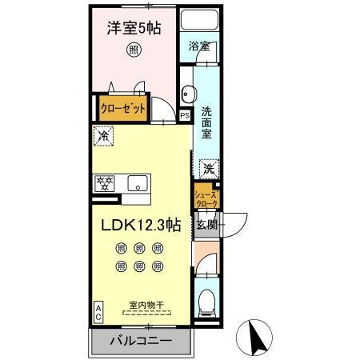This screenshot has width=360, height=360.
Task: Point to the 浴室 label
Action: click(x=199, y=46)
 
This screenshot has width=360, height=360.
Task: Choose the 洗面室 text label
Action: click(x=206, y=122)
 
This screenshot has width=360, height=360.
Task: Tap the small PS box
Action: click(x=185, y=114)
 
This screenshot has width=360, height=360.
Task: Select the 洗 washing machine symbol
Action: click(x=207, y=169)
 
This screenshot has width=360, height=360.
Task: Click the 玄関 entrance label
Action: click(x=207, y=225)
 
